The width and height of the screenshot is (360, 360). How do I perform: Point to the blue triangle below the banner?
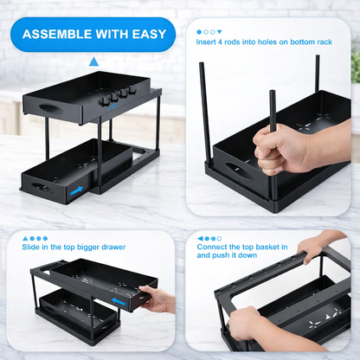pyautogui.click(x=93, y=61)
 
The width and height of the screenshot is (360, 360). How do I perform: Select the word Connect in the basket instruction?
pyautogui.click(x=213, y=247)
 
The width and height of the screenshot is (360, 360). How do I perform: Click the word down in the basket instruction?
pyautogui.click(x=257, y=257)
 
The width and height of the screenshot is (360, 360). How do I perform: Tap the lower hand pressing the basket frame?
pyautogui.click(x=247, y=323)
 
